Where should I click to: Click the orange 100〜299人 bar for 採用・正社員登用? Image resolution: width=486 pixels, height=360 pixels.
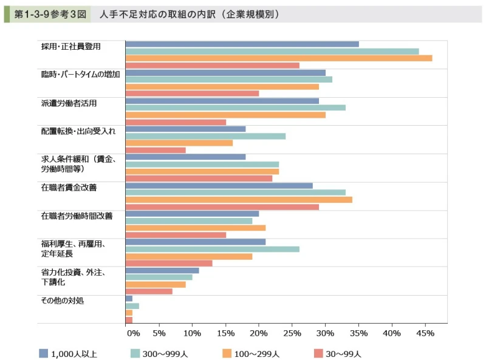278,58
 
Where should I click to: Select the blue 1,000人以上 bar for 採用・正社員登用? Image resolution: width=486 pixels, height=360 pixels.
242,44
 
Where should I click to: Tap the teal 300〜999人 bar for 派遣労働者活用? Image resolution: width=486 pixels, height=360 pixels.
235,107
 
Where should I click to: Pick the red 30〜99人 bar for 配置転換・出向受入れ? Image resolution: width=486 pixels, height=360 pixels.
156,150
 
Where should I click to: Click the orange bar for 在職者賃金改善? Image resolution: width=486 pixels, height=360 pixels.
239,200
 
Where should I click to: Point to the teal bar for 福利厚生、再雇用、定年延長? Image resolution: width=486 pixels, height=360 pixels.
212,249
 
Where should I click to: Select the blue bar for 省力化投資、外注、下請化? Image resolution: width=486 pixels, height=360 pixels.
162,270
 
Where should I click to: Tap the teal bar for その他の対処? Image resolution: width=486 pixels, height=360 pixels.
132,305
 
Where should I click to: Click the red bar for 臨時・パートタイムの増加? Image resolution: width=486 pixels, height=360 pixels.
192,93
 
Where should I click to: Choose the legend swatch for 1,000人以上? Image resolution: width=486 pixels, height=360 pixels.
43,353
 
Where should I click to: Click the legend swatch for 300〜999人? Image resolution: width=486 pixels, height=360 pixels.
136,353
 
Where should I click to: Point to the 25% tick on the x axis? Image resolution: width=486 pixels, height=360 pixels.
292,333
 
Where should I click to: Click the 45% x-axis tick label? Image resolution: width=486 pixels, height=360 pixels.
425,333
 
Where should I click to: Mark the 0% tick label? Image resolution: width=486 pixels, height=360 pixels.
132,333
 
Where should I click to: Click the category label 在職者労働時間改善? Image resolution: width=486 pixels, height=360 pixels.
77,216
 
